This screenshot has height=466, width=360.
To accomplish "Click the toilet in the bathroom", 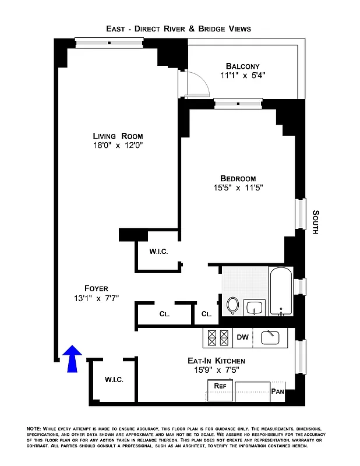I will coord(232,305).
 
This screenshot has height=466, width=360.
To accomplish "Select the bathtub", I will coord(281,291).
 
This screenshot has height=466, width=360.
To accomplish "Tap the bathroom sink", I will coord(255,307).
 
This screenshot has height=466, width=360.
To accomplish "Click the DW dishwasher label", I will coord(242,337).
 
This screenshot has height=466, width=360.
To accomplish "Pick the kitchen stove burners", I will coord(217,337).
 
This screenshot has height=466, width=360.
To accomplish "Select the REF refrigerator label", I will coord(220,386).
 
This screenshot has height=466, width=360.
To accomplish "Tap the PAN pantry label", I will coord(278,392).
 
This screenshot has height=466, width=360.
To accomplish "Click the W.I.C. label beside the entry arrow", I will coord(114,380).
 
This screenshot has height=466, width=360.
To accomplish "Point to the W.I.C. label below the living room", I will coord(159,252).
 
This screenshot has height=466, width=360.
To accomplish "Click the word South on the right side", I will coord(315,222).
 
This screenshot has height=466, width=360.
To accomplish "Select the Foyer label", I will coord(96,288).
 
